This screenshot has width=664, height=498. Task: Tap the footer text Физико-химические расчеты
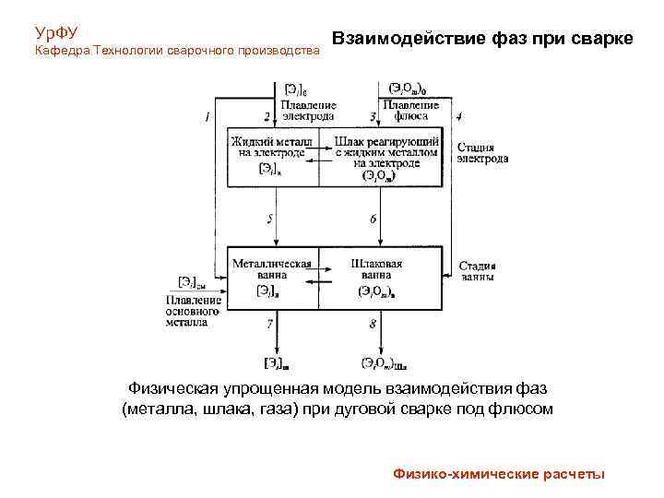[x=499, y=474]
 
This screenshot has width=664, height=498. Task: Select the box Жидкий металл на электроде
[x=272, y=155]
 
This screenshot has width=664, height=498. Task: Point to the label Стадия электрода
[x=481, y=152]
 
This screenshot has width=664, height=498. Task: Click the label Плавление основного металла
[x=193, y=311]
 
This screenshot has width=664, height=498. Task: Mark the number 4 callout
[x=459, y=117]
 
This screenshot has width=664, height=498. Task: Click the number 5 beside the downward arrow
[x=270, y=219]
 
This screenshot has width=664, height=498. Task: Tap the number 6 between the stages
[x=373, y=219]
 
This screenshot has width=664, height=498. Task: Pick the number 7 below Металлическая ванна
[x=270, y=325]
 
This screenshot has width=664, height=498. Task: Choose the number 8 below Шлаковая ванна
[x=373, y=325]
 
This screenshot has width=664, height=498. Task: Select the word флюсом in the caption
[x=523, y=409]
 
